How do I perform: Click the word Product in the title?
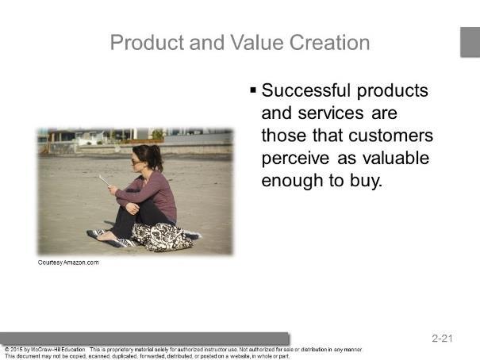coord(147,42)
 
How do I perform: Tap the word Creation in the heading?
coord(330,42)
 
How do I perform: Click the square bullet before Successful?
coord(253,90)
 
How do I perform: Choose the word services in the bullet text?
coord(331,113)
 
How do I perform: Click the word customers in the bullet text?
coord(390,136)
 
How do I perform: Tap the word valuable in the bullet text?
coord(396,158)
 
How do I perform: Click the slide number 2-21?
coord(442,339)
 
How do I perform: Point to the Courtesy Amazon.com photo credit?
coord(68,262)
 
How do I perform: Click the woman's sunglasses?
coord(136,162)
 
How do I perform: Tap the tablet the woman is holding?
coord(105,180)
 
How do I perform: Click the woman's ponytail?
coord(157,157)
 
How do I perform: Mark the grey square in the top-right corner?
coord(470,42)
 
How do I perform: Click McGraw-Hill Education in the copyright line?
coord(58,349)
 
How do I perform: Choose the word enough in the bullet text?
coord(292,181)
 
